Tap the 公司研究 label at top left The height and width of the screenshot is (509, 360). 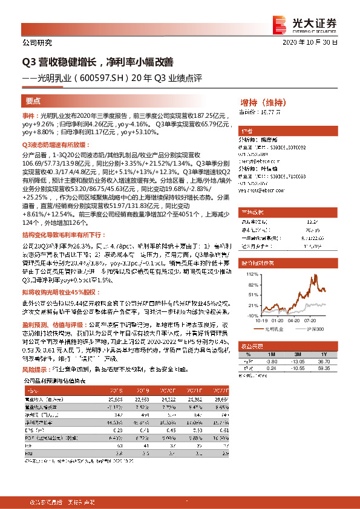[37, 43]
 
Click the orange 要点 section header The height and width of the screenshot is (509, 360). [34, 102]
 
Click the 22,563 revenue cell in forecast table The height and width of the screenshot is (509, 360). [142, 400]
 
